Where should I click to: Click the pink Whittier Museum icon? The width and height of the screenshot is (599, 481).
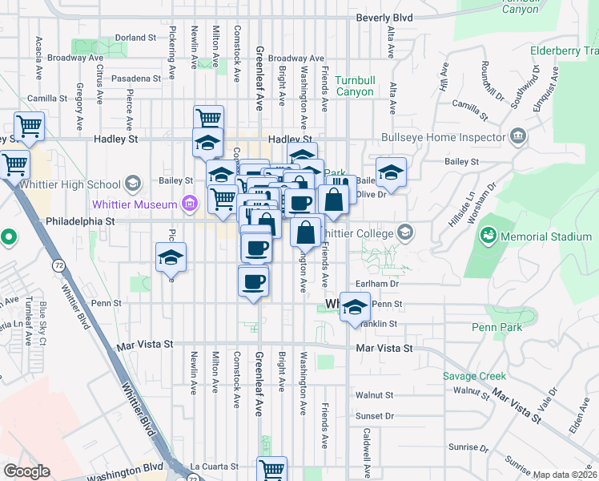tap(190, 203)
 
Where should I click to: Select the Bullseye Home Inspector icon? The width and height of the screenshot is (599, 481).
tap(517, 135)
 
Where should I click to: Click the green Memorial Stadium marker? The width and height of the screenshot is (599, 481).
tap(487, 236)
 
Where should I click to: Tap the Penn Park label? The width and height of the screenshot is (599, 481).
tap(496, 327)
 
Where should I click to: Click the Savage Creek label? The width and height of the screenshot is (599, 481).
tap(475, 376)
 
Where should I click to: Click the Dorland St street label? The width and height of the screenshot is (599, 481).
tap(135, 38)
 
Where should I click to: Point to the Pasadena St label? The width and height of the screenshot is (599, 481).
tap(136, 79)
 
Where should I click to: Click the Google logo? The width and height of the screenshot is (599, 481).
tap(26, 471)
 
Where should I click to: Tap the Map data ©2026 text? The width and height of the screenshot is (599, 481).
tap(565, 475)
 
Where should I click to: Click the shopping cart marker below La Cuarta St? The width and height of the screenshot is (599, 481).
tap(272, 469)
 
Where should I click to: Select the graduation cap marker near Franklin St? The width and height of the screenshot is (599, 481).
tap(356, 307)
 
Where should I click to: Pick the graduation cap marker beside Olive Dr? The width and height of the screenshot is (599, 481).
tap(391, 172)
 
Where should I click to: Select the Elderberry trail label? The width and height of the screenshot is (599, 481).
tap(564, 51)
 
